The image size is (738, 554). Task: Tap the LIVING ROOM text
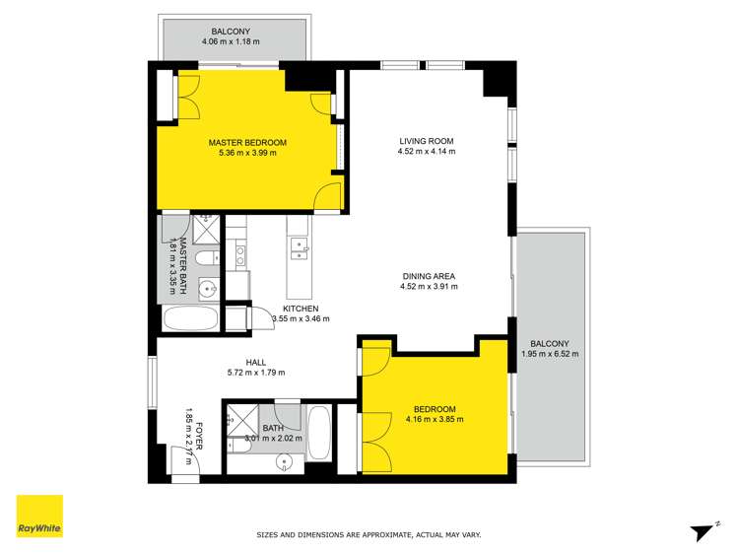(x=426, y=140)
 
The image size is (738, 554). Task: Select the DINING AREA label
(x=428, y=276)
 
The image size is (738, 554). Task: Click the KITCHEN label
(x=300, y=308)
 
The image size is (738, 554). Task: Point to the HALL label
(x=254, y=361)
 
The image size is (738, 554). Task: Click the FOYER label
(x=199, y=435)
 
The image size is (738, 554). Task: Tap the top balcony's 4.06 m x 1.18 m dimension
(x=230, y=42)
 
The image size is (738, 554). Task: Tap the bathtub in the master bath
(x=188, y=319)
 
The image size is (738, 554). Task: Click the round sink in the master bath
(x=207, y=290)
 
